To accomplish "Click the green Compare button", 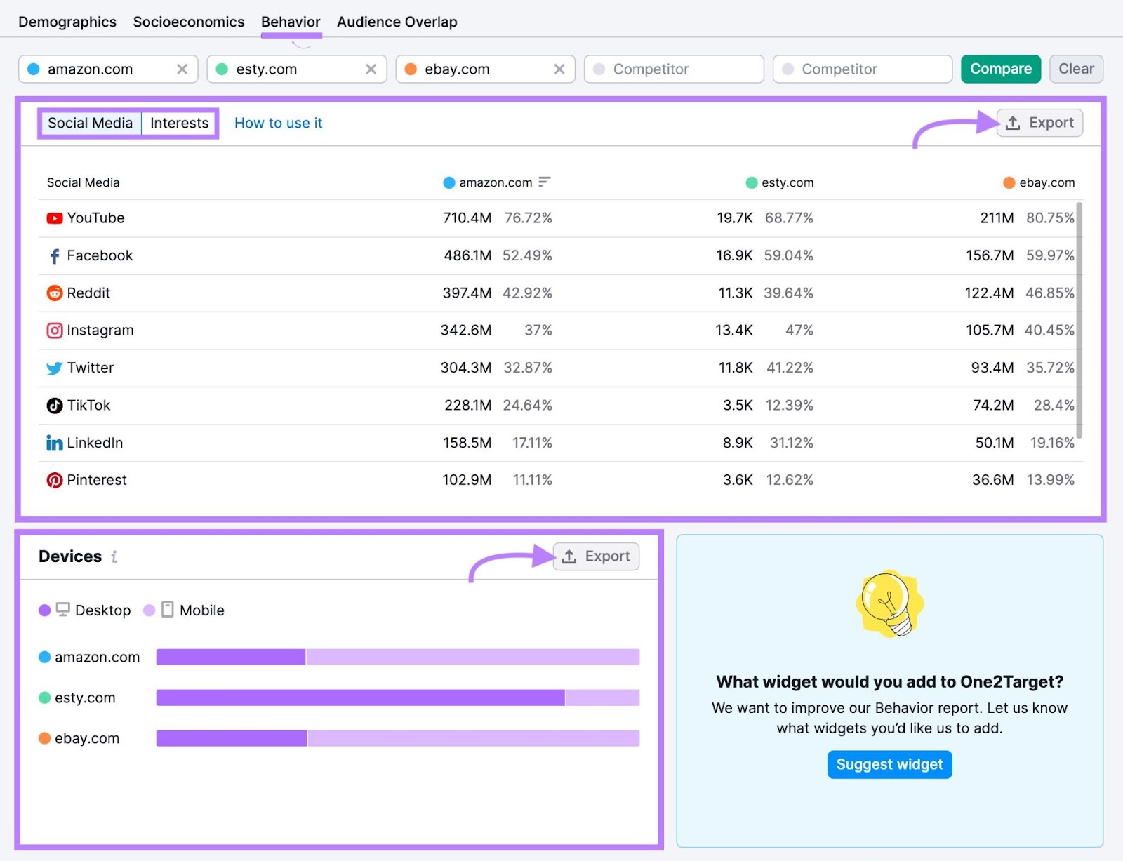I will (1000, 69).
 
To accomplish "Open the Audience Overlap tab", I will (397, 22).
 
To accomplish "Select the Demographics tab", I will (67, 22).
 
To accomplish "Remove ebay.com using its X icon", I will (559, 69).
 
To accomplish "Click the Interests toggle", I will (179, 123).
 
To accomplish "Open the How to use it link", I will (278, 123).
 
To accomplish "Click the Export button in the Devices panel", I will (596, 556).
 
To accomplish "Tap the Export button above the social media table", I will (1039, 123).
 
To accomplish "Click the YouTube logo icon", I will (54, 218).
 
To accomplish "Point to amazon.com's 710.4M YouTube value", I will (467, 218).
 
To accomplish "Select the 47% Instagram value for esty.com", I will (799, 330).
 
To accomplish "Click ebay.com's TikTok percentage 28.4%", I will (1054, 405).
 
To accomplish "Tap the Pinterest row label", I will (96, 480).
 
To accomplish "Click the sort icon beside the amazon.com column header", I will (544, 182).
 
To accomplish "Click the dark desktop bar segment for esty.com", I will (360, 698).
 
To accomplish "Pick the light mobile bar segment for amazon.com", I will (472, 657).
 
